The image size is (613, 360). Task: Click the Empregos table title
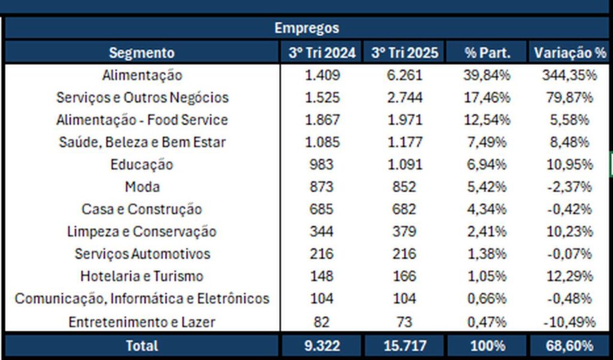click(306, 28)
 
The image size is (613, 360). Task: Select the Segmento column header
click(142, 53)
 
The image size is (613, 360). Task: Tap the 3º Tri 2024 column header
click(322, 53)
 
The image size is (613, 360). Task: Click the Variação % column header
click(569, 53)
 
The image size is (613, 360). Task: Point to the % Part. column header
click(488, 53)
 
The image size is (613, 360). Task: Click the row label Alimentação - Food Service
click(142, 120)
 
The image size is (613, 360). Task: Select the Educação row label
click(142, 165)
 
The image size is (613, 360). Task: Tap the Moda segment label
click(142, 187)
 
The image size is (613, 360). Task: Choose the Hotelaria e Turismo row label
click(142, 276)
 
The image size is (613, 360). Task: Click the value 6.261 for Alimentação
click(404, 75)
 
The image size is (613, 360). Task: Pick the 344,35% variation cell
click(569, 75)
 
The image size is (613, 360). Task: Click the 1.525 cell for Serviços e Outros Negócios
click(322, 98)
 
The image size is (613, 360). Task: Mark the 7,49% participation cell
click(488, 143)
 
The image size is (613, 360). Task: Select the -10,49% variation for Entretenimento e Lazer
click(569, 322)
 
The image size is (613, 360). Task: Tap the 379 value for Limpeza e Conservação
click(404, 232)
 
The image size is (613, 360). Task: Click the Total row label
click(142, 346)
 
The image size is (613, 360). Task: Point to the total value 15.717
click(404, 346)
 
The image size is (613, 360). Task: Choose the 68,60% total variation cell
click(569, 346)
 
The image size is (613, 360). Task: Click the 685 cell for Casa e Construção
click(322, 210)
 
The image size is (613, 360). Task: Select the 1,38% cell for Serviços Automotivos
click(488, 254)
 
